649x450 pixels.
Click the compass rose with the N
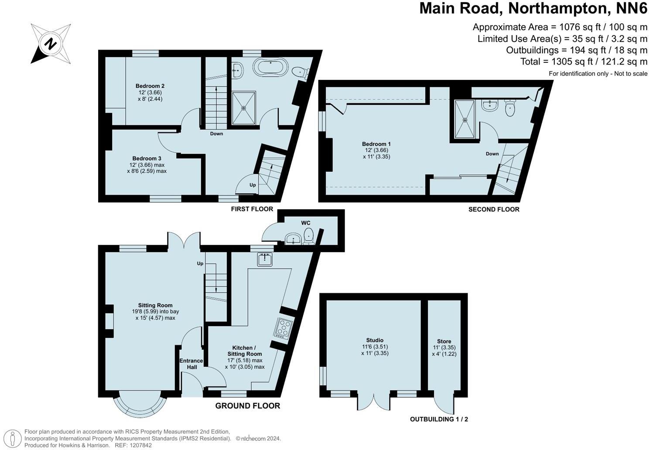(x=51, y=44)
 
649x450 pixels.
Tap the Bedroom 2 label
(x=150, y=86)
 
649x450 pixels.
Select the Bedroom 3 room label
(x=147, y=158)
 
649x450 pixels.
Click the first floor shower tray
(x=244, y=107)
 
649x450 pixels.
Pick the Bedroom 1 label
(x=376, y=144)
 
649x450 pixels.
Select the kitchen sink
(x=264, y=259)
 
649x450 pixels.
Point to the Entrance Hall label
(x=191, y=364)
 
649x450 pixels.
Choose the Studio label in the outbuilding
(x=375, y=340)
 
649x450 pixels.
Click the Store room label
(x=444, y=341)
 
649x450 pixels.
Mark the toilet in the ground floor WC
(x=309, y=234)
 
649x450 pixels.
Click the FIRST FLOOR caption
(x=252, y=209)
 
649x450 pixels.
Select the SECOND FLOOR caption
(x=494, y=209)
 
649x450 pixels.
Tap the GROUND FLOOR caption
(x=247, y=406)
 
